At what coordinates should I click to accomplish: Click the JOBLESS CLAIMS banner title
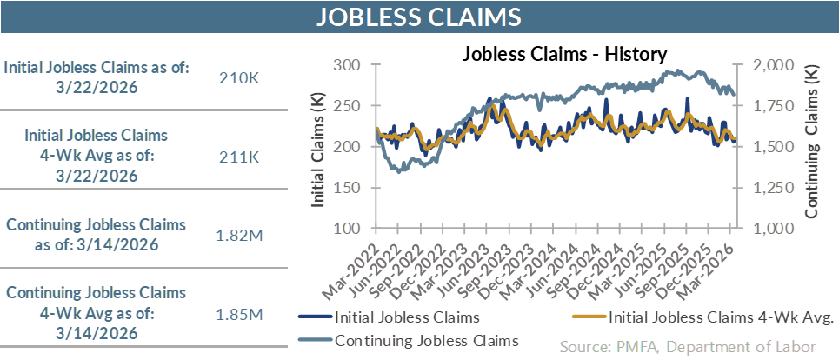(x=419, y=17)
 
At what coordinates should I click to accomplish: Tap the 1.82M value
(x=240, y=235)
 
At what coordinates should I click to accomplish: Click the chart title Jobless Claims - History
(x=564, y=54)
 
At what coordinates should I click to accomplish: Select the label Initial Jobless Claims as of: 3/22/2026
(x=97, y=78)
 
